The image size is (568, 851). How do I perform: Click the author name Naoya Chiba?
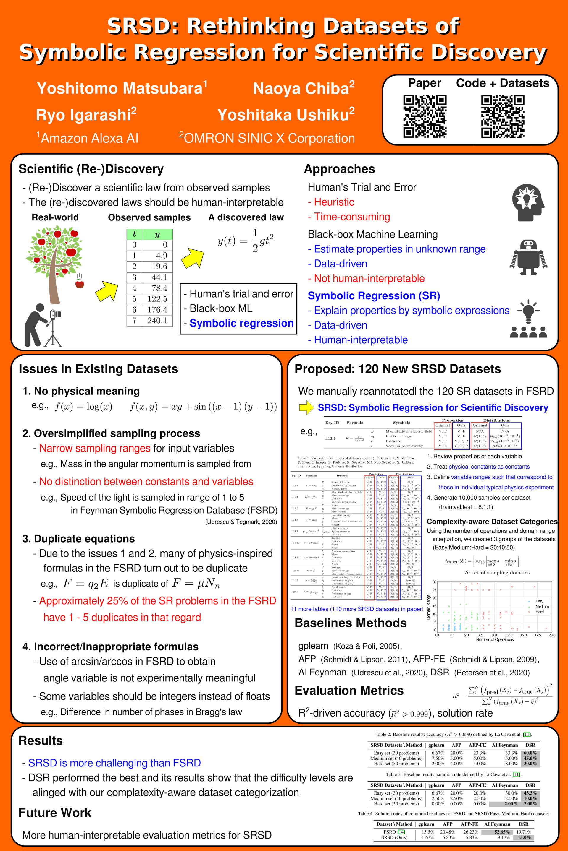point(304,89)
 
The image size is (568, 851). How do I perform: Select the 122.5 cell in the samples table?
point(157,299)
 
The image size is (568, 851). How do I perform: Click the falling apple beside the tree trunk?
point(79,284)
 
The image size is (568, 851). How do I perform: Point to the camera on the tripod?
point(55,314)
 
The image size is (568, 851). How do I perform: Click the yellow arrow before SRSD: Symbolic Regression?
point(306,407)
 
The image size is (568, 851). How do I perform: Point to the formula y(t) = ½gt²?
point(245,240)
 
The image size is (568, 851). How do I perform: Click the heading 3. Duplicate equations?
point(79,539)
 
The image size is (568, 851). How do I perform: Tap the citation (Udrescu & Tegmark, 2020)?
point(241,522)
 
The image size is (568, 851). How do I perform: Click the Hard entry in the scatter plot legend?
point(539,612)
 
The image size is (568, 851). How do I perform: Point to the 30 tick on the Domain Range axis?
point(434,582)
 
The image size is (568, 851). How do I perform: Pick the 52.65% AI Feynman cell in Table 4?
point(502,832)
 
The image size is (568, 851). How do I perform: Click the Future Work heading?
point(55,813)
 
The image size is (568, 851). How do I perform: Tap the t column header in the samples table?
point(134,234)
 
